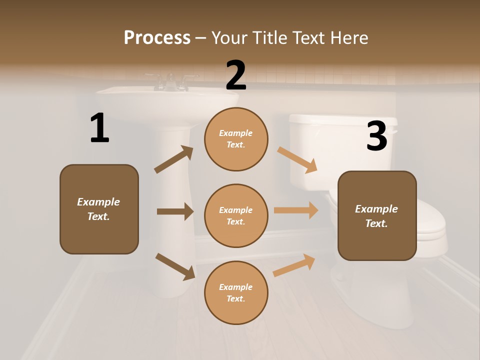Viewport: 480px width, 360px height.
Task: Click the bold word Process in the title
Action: point(157,38)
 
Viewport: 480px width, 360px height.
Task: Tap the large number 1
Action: point(99,128)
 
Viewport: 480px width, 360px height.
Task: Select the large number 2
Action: point(236,75)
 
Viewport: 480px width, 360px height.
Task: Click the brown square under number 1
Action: point(99,209)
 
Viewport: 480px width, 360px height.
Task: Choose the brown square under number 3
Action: point(377,215)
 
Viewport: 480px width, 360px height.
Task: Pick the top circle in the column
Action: point(236,139)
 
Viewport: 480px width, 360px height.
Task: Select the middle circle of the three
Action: point(236,215)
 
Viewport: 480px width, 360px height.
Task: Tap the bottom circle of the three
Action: point(236,292)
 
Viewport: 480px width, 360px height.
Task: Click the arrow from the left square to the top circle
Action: point(174,159)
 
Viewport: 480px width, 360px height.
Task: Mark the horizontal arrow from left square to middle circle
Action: point(175,211)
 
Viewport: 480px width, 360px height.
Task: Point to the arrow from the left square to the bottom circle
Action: point(175,266)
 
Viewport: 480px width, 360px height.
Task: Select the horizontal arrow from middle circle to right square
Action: point(296,210)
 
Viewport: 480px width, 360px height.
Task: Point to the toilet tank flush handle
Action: point(394,132)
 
